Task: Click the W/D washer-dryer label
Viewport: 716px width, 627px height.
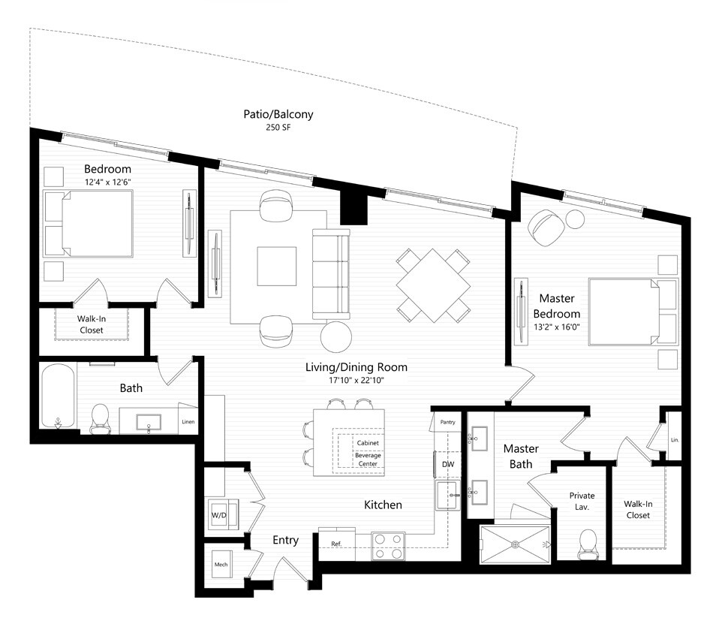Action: point(218,515)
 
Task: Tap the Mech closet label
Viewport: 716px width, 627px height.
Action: point(221,565)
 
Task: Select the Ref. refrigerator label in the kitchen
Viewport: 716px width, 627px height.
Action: point(336,544)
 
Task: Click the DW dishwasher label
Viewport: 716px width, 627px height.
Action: point(448,464)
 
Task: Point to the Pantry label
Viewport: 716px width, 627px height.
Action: point(447,422)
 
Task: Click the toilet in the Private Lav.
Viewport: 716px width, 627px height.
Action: point(587,544)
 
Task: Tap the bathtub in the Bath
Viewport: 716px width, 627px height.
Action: point(58,396)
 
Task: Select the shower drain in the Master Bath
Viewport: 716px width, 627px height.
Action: point(515,544)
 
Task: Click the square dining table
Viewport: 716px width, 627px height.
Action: point(433,285)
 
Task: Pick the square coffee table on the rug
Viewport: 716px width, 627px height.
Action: point(277,267)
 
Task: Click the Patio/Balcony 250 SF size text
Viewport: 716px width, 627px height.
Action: point(278,128)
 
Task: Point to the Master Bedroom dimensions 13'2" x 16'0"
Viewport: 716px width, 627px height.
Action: point(557,327)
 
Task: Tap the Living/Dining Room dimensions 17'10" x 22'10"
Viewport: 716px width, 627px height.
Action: point(356,380)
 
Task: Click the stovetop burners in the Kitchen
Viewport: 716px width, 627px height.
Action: point(388,547)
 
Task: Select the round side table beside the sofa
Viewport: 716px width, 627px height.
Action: point(336,337)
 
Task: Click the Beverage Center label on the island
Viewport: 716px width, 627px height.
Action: point(368,460)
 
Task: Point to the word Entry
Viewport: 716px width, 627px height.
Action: point(285,540)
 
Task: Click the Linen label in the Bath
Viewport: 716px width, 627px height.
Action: point(188,422)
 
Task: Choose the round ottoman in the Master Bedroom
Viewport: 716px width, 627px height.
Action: point(575,219)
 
